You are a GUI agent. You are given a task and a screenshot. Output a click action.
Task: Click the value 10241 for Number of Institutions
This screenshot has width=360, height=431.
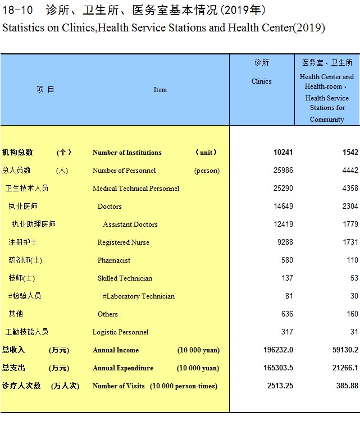283,153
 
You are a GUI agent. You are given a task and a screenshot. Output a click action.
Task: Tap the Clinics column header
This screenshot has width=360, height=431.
262,81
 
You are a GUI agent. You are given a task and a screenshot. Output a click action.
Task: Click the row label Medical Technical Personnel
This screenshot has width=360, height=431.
136,189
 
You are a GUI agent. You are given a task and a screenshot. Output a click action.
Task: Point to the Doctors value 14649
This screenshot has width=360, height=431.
283,207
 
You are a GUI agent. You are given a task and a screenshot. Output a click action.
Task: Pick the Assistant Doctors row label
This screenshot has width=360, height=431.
130,224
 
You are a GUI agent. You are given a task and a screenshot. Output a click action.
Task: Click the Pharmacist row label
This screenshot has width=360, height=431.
114,260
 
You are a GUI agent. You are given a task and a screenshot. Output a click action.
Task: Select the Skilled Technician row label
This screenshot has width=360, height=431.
125,278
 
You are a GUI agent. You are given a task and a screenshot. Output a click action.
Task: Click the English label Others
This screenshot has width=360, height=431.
108,314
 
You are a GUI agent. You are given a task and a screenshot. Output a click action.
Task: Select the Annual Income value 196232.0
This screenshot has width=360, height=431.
278,350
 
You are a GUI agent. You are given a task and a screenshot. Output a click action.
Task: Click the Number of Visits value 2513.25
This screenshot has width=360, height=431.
279,386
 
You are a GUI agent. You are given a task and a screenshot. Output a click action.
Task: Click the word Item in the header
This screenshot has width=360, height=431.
160,90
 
